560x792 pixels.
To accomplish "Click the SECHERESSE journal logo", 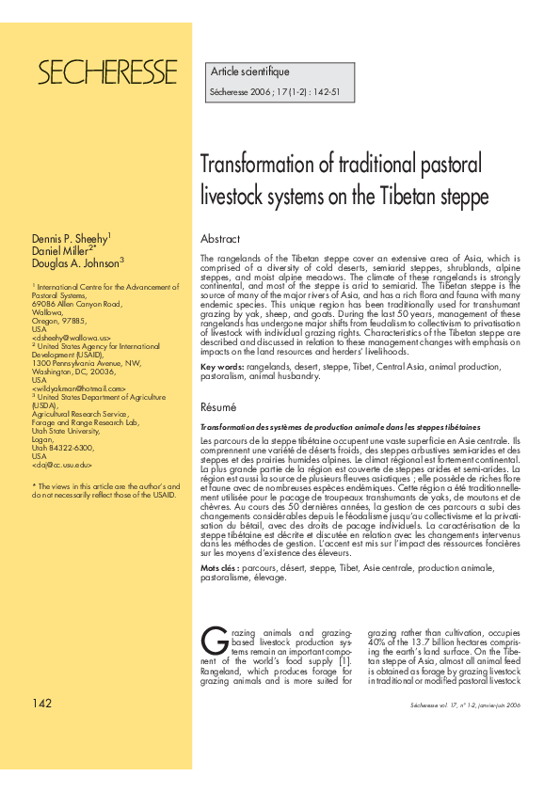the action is tap(106, 71).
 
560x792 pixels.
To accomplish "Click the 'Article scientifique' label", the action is tap(249, 71).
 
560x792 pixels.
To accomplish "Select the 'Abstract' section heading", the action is tap(220, 239).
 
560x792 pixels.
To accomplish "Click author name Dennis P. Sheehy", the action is tap(72, 239).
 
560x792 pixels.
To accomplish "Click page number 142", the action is tap(42, 705).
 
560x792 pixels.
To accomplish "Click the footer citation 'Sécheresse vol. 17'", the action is tap(435, 706).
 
